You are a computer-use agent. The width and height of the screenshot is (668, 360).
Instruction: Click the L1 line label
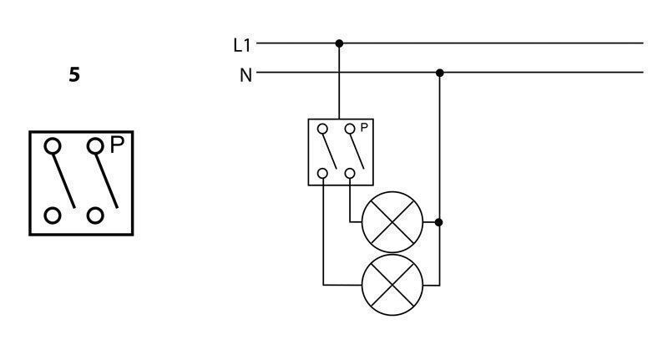point(242,45)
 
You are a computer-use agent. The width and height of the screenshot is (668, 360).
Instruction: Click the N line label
point(245,75)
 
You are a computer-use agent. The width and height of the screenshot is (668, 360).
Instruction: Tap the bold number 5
point(74,74)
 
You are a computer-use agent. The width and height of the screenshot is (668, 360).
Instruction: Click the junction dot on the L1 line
point(339,43)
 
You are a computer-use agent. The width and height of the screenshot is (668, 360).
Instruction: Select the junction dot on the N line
point(440,73)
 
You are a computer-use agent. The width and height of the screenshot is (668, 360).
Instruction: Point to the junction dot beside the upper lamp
point(439,222)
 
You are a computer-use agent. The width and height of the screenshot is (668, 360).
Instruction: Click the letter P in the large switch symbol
point(117,145)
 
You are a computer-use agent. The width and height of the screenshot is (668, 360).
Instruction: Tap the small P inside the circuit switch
point(364,127)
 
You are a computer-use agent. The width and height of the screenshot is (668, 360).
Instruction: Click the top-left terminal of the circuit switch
point(323,129)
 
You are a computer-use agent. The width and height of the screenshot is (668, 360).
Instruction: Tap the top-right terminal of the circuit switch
point(350,129)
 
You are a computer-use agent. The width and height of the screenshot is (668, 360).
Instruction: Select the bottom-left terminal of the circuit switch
point(323,174)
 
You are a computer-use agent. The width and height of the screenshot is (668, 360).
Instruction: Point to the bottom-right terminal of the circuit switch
point(350,174)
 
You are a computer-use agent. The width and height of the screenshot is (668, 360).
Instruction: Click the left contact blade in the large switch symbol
point(64,181)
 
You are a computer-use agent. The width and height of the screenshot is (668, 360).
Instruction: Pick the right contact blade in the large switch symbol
point(107,181)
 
